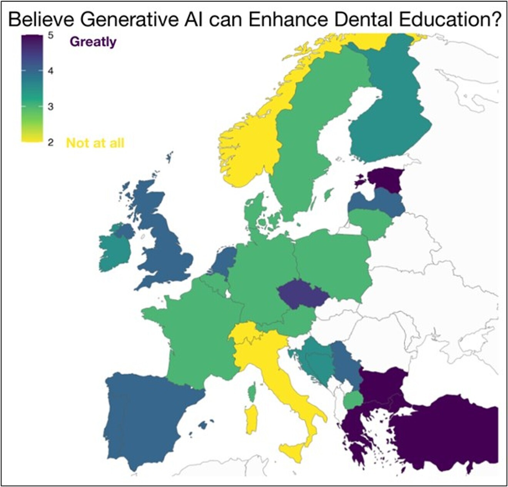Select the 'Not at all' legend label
[x=95, y=143]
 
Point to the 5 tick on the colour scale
[x=51, y=35]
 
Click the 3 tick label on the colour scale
[x=51, y=107]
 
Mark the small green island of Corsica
[x=252, y=393]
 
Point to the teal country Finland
[x=389, y=119]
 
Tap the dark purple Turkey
[x=446, y=431]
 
